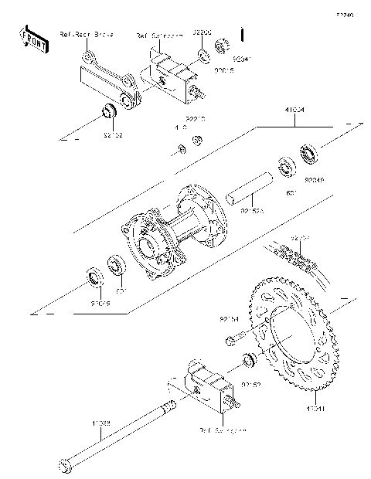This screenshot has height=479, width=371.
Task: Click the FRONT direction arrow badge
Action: [x=33, y=39]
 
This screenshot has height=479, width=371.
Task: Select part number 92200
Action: [x=203, y=34]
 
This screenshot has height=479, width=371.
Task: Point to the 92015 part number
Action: [x=203, y=71]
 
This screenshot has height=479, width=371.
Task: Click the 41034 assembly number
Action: [x=294, y=110]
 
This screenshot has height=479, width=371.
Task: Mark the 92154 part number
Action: [x=230, y=318]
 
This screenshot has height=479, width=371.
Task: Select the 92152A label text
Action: [x=252, y=209]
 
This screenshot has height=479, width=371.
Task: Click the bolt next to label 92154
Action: [x=234, y=337]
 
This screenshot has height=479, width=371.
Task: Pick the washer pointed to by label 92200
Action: [x=203, y=56]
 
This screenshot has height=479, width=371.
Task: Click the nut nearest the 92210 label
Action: [x=198, y=140]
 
